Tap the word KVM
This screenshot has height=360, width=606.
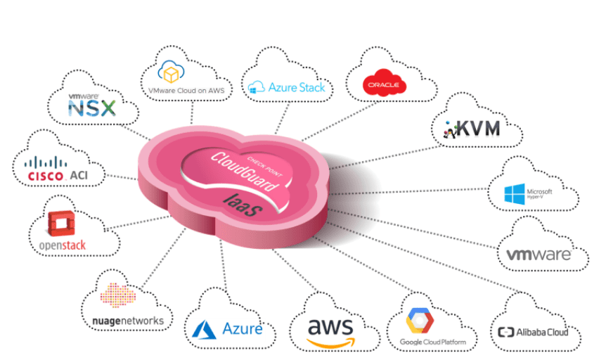(x=480, y=129)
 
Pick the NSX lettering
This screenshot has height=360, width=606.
(x=92, y=108)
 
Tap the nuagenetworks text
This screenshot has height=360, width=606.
(x=129, y=321)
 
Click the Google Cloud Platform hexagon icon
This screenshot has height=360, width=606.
(x=420, y=321)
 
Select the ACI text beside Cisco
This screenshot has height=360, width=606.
(x=87, y=174)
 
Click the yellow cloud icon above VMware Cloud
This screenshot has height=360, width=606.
(x=170, y=72)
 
